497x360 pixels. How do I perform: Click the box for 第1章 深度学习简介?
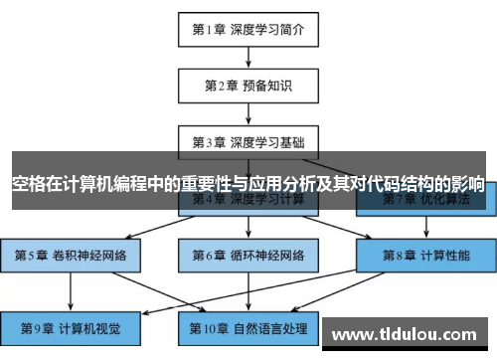coord(248,29)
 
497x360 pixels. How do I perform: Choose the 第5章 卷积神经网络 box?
coord(70,255)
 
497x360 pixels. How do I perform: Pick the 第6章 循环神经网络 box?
coord(248,255)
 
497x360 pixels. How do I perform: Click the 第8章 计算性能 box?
coord(424,255)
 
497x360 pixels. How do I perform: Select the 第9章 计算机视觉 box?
coord(70,325)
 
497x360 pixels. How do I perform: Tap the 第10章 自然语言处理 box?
coord(248,325)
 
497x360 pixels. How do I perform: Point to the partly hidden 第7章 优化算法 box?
coord(424,205)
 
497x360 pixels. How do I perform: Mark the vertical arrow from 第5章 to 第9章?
coord(70,289)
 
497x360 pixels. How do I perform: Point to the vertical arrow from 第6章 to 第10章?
coord(248,289)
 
